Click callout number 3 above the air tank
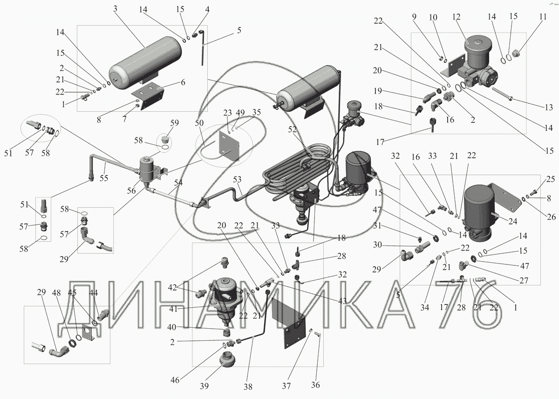pos(115,9)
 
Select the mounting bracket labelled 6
pos(148,96)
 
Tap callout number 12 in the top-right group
pos(456,17)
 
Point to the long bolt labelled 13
pos(502,93)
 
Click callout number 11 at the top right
pos(543,16)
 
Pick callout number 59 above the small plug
pos(174,123)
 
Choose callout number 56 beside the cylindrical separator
pos(131,191)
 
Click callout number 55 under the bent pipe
pos(104,178)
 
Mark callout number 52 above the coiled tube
pos(292,129)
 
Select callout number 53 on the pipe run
pos(237,179)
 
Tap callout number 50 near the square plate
pos(199,123)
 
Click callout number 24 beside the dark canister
pos(513,221)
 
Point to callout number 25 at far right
pos(550,179)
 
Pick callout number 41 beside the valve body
pos(173,309)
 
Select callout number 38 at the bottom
pos(248,387)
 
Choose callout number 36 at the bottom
pos(315,385)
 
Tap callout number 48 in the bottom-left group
pos(56,292)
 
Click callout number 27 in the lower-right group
pos(524,281)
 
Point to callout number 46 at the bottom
pos(175,380)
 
